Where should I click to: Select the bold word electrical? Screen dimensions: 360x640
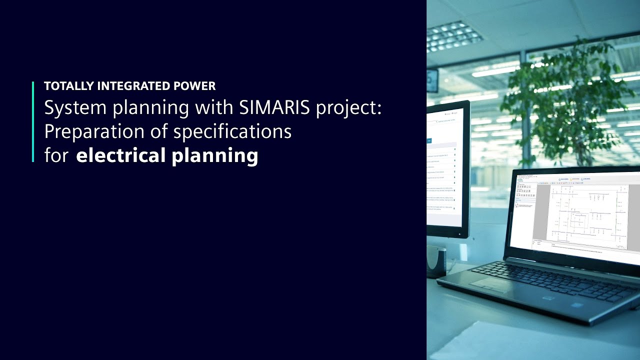[x=120, y=155]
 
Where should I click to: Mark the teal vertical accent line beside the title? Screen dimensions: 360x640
[x=33, y=121]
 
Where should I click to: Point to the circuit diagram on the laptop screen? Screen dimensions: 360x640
[x=585, y=212]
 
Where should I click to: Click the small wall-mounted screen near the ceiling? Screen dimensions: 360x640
[x=432, y=80]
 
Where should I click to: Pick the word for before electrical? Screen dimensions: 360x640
[x=57, y=155]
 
